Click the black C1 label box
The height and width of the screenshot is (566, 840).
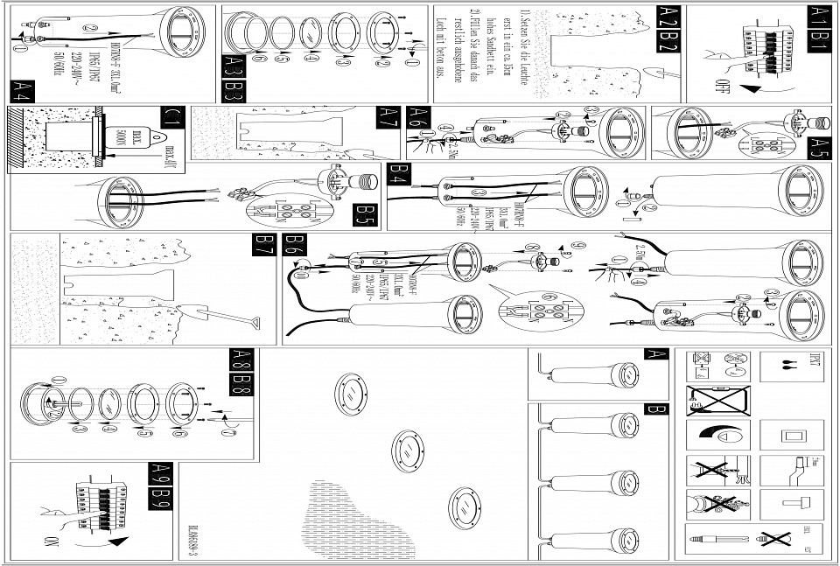(x=171, y=117)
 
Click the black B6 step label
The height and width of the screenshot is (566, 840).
(x=296, y=245)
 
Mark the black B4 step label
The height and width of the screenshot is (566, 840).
(x=399, y=173)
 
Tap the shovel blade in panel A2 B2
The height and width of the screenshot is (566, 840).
(x=658, y=70)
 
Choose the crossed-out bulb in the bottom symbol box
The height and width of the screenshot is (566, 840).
(x=774, y=537)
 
